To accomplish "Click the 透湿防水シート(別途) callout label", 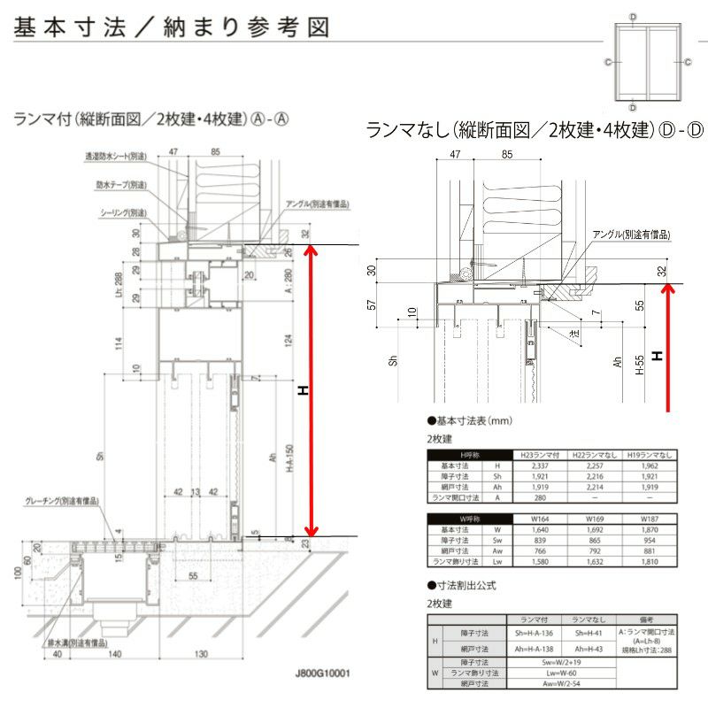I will (116, 156).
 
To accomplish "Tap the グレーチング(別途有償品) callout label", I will (61, 501).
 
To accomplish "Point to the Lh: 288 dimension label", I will (119, 286).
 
